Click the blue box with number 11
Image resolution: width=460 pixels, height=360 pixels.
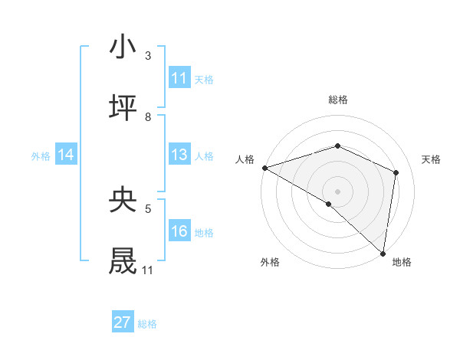coord(179,78)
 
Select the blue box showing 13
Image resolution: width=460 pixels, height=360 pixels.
coord(179,155)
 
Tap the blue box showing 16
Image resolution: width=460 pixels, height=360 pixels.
coord(179,231)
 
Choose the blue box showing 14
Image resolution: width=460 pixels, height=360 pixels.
coord(66,155)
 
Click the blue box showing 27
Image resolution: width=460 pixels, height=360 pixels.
coord(123,322)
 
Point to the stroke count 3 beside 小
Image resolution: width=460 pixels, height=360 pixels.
coord(148,56)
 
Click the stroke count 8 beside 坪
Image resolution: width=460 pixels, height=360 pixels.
coord(148,116)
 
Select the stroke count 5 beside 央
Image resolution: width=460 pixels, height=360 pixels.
coord(148,208)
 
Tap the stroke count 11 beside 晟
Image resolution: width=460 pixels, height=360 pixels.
coord(147,270)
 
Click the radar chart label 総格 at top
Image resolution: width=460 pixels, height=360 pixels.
coord(338,100)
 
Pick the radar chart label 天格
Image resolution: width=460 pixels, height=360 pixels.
coord(431,159)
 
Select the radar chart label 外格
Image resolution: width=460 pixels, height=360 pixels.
coord(270,262)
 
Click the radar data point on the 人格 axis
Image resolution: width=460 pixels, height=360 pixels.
coord(264,168)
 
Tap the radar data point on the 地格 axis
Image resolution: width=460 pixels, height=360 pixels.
coord(383,252)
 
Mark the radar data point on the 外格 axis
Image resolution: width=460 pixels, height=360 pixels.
coord(329,204)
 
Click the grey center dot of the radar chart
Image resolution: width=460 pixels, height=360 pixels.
coord(338,191)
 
